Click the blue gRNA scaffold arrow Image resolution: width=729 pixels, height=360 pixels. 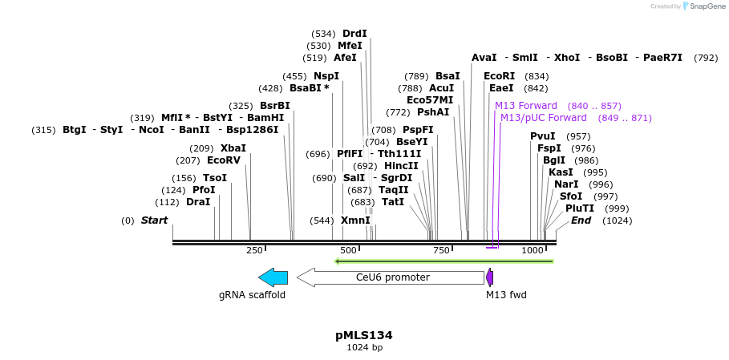273,277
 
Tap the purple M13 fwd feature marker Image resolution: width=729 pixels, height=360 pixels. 489,277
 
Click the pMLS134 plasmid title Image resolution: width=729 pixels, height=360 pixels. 363,335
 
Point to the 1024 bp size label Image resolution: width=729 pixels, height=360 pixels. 364,348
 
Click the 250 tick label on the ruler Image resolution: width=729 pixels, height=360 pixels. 254,251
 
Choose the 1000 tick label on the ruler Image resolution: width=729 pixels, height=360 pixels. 533,251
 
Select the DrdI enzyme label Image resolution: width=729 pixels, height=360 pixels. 354,34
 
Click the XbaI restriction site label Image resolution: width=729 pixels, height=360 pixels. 233,148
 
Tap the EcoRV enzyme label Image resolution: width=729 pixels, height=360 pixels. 224,160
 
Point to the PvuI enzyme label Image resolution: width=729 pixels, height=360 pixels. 543,136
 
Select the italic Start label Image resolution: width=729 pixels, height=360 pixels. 155,220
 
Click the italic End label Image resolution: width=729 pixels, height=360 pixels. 581,220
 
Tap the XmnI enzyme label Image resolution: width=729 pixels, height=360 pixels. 355,220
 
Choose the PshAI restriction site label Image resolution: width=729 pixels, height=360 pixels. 433,112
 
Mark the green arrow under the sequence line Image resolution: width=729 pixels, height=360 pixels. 443,261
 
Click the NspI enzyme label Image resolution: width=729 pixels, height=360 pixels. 326,76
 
